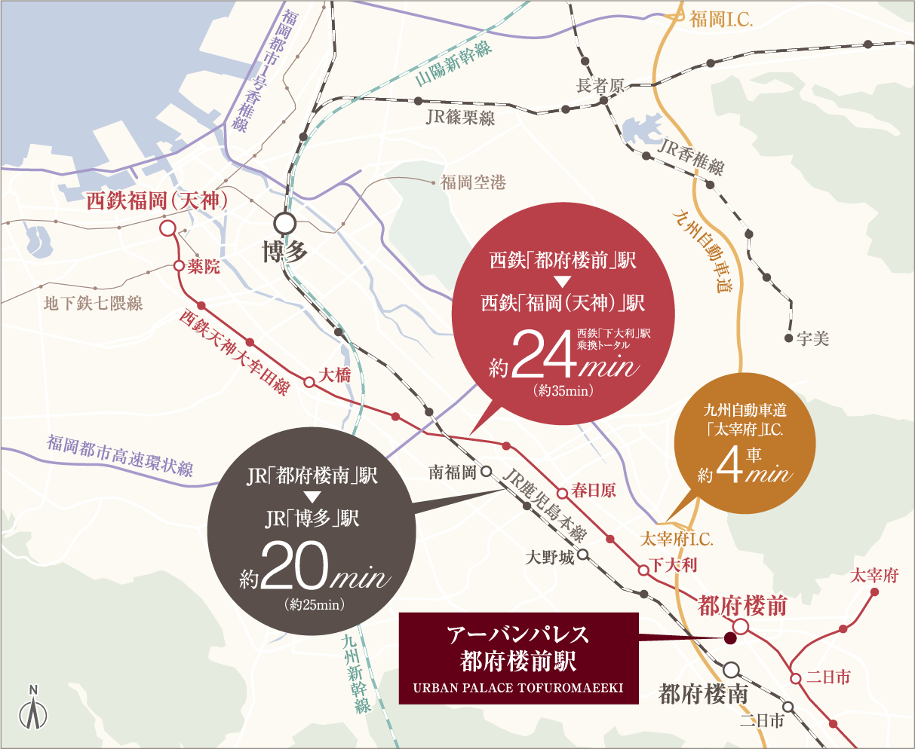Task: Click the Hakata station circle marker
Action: tap(284, 223)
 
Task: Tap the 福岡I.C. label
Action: tap(721, 20)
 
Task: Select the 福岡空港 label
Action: tap(473, 182)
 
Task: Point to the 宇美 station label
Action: tap(812, 339)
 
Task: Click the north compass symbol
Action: tap(33, 708)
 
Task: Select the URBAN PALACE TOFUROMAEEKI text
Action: tap(518, 688)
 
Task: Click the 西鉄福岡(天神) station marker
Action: tap(167, 228)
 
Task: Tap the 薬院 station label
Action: tap(204, 266)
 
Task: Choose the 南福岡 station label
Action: tap(453, 472)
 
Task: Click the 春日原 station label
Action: tap(594, 491)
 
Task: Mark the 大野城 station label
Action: tap(550, 558)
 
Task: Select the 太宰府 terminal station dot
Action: tap(875, 592)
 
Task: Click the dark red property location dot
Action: tap(729, 639)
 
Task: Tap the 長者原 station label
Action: tap(600, 86)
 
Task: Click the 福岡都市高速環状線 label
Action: tap(121, 455)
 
